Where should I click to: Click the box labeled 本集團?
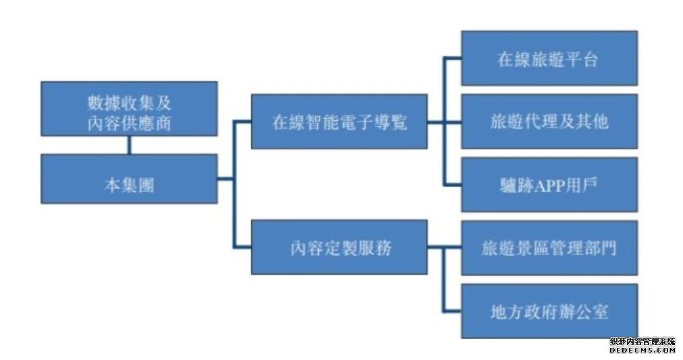[129, 179]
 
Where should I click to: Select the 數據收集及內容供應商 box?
[129, 109]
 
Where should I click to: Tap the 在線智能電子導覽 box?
[339, 122]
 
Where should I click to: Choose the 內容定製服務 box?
[339, 247]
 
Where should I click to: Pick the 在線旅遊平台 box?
[549, 58]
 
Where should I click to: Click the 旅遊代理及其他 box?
[549, 122]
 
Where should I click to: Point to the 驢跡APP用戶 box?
[549, 185]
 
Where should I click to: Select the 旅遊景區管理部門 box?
[549, 248]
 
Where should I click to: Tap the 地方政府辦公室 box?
[549, 311]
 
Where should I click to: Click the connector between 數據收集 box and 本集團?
[129, 145]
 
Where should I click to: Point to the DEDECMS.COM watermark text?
[642, 350]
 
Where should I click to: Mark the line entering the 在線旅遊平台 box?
[453, 58]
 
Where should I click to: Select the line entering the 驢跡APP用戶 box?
[453, 185]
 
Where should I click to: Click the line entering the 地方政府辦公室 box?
[452, 311]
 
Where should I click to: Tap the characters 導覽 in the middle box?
[390, 122]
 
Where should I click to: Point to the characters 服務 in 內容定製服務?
[376, 248]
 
